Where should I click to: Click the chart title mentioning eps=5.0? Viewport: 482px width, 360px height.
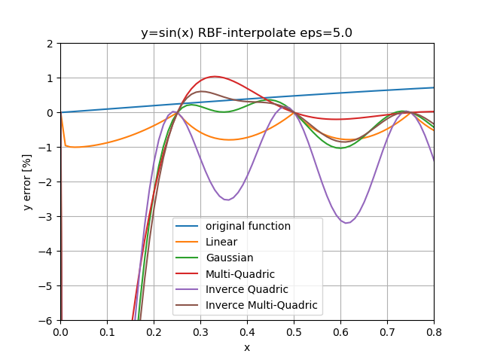(x=246, y=33)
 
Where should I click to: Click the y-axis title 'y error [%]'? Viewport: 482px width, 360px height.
(x=27, y=182)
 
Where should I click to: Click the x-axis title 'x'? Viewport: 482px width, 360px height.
(x=246, y=347)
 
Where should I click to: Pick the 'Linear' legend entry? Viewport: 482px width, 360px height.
(x=221, y=242)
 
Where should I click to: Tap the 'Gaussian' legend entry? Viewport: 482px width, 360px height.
(x=229, y=258)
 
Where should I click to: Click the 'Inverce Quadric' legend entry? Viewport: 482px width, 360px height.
(x=245, y=289)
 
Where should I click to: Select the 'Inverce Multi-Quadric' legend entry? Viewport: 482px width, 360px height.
(x=261, y=305)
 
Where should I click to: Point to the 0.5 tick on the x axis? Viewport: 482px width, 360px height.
(x=294, y=331)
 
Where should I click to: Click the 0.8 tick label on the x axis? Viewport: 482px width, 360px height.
(x=434, y=331)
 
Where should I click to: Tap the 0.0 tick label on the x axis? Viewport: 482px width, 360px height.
(x=60, y=331)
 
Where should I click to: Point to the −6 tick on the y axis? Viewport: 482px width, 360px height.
(x=50, y=320)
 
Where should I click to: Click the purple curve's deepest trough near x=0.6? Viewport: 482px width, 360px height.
(x=346, y=223)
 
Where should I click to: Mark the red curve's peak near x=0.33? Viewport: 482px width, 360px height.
(x=215, y=77)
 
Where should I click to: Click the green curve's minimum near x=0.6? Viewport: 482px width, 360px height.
(x=340, y=148)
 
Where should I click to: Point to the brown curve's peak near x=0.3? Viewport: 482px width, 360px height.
(x=201, y=91)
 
